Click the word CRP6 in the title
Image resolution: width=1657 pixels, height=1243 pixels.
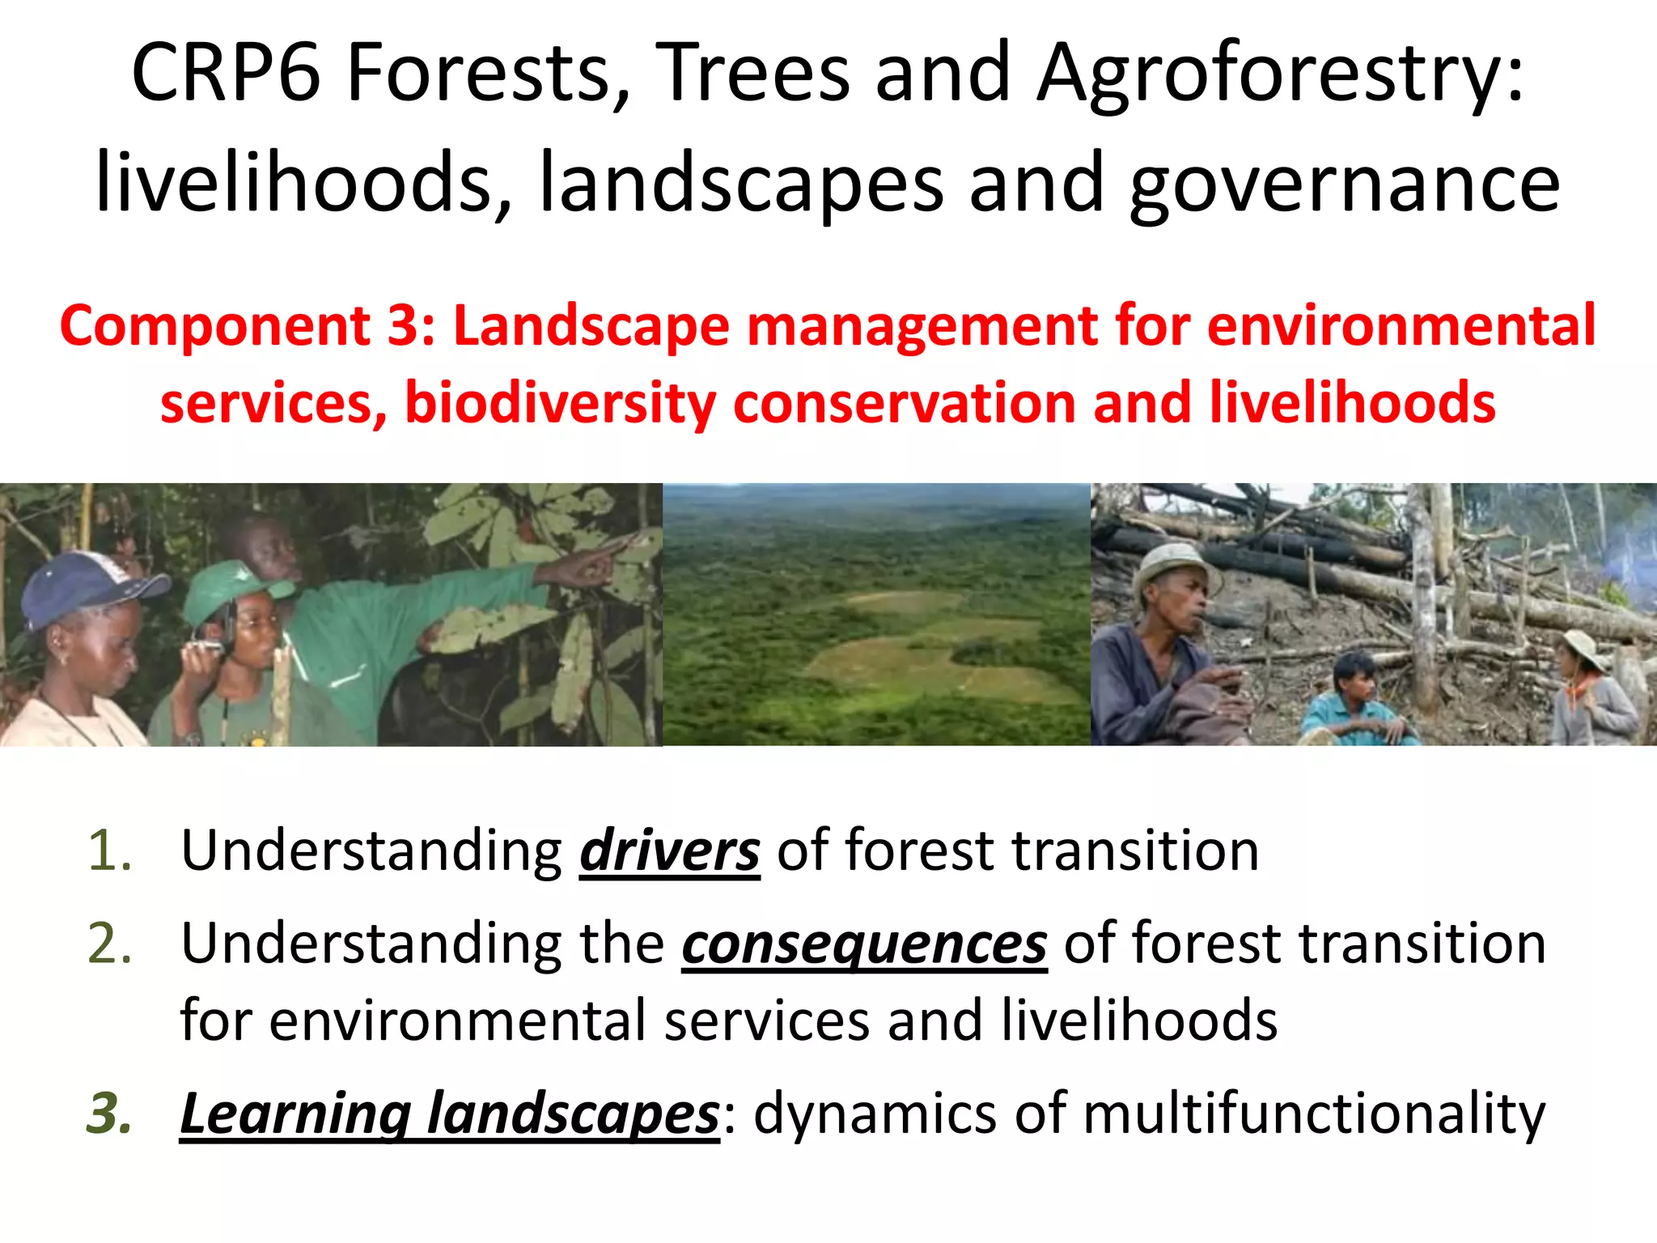225,74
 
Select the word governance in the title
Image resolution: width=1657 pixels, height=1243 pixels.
1343,185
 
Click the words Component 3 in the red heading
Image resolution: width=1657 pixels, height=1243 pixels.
247,326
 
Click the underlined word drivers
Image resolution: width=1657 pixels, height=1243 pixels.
669,851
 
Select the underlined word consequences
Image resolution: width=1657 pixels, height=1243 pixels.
864,944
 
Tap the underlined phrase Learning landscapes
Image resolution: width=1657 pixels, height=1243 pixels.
449,1114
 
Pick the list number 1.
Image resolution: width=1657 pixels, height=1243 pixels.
109,851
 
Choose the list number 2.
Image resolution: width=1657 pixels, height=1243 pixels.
109,944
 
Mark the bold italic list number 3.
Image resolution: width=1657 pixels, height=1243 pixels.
109,1114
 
